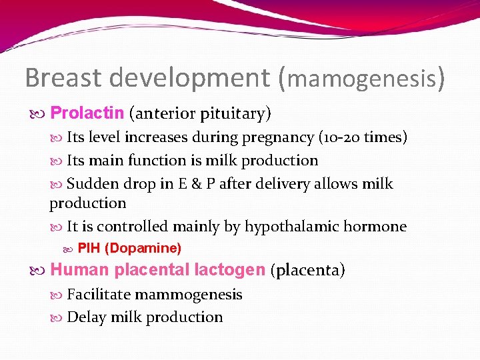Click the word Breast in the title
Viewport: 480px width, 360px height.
[63, 78]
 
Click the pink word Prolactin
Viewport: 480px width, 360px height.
[87, 113]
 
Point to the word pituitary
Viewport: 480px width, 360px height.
[233, 115]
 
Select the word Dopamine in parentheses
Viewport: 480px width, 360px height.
[143, 249]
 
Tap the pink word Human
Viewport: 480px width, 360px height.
[80, 270]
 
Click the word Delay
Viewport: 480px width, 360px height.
[85, 317]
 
